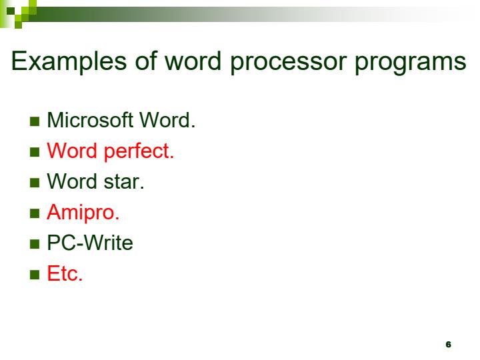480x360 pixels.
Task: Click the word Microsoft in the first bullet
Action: tap(90, 121)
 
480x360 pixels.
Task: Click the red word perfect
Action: tap(139, 152)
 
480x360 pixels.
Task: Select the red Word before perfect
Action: tap(73, 151)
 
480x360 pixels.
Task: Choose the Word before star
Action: tap(73, 182)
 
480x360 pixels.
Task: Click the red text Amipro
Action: tap(83, 213)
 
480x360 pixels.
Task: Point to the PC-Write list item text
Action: tap(90, 243)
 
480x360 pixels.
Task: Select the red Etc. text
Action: tap(65, 274)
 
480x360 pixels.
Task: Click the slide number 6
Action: tap(448, 344)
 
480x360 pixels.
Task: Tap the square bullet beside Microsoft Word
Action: tap(35, 122)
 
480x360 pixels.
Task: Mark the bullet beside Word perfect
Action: tap(35, 153)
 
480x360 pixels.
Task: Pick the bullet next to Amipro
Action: tap(35, 214)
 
